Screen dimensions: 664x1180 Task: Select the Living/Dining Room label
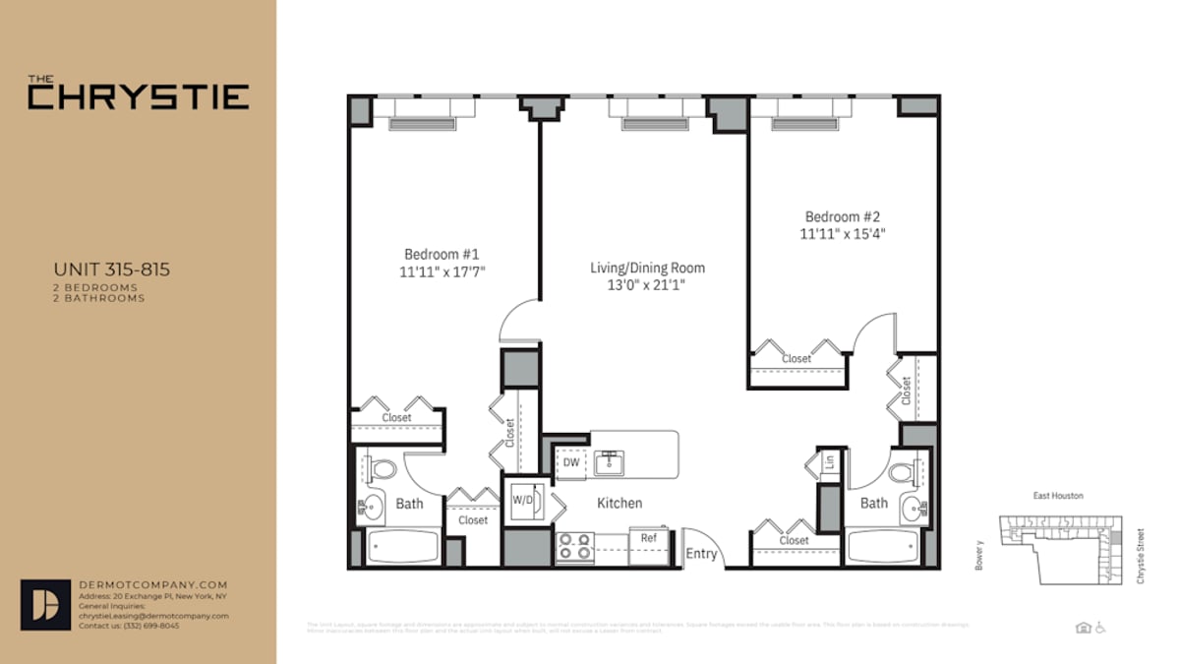tap(647, 268)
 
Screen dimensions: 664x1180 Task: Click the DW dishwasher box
tap(570, 462)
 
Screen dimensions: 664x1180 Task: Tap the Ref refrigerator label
tap(649, 538)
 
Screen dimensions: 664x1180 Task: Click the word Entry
tap(701, 554)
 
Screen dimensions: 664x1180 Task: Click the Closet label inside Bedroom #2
tap(796, 359)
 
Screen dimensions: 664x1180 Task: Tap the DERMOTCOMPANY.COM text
tap(152, 584)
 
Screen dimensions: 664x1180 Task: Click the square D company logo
tap(45, 604)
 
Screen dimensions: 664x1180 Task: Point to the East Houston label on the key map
tap(1057, 496)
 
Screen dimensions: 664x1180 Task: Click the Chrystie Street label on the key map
tap(1141, 554)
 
